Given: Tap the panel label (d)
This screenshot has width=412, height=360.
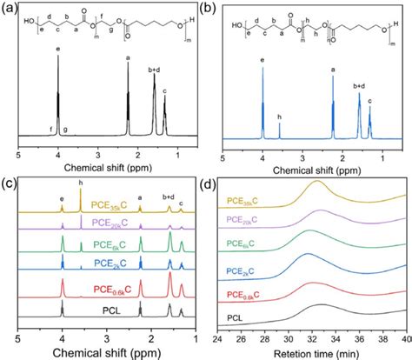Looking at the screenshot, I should pyautogui.click(x=218, y=183).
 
